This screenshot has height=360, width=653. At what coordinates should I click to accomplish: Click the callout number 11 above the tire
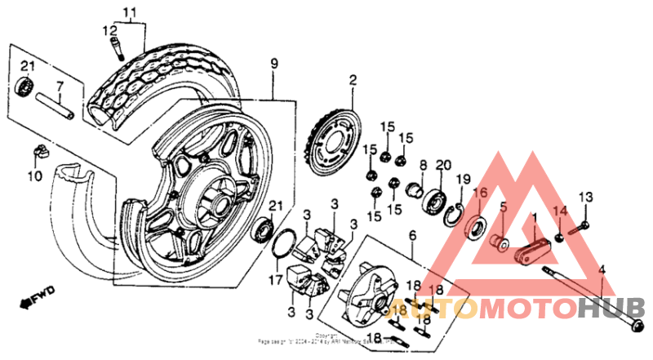(x=127, y=11)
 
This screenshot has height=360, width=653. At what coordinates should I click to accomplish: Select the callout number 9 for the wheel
(x=274, y=63)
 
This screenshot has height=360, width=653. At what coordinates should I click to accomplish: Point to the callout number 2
(x=353, y=80)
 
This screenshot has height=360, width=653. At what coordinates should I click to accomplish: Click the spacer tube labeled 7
(x=62, y=106)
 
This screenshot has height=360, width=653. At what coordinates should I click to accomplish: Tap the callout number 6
(x=412, y=235)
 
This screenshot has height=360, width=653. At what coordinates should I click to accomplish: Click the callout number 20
(x=443, y=166)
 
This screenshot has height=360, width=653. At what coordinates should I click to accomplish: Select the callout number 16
(x=479, y=193)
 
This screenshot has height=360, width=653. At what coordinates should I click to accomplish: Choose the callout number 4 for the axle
(x=602, y=270)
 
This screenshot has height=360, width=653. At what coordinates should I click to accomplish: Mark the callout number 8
(x=423, y=166)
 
